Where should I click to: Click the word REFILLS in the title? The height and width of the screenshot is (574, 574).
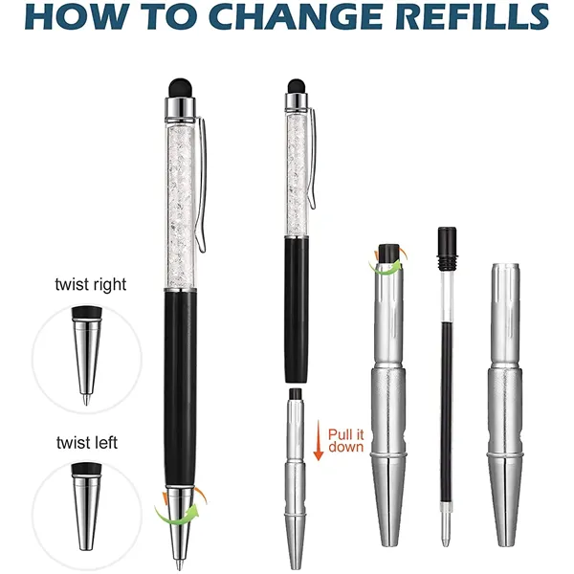[x=472, y=17]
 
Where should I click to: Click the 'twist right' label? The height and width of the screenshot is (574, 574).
[x=91, y=285]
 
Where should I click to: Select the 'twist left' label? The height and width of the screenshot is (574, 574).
[x=87, y=443]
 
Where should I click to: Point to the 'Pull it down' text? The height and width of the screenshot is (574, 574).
[x=346, y=440]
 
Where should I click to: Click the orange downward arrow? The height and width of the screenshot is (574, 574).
[x=319, y=440]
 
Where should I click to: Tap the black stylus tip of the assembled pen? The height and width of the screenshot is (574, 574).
[x=180, y=88]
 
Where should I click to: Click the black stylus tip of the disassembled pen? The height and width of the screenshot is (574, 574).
[x=297, y=86]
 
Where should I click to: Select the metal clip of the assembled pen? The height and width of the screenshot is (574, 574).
[x=202, y=183]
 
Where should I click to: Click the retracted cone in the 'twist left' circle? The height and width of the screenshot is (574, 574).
[x=86, y=506]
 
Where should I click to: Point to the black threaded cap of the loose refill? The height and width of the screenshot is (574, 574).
[x=447, y=249]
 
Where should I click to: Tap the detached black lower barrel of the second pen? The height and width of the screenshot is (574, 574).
[x=297, y=309]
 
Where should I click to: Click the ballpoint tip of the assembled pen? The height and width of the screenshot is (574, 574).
[x=179, y=563]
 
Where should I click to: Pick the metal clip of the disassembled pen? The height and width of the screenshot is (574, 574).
[x=312, y=159]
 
